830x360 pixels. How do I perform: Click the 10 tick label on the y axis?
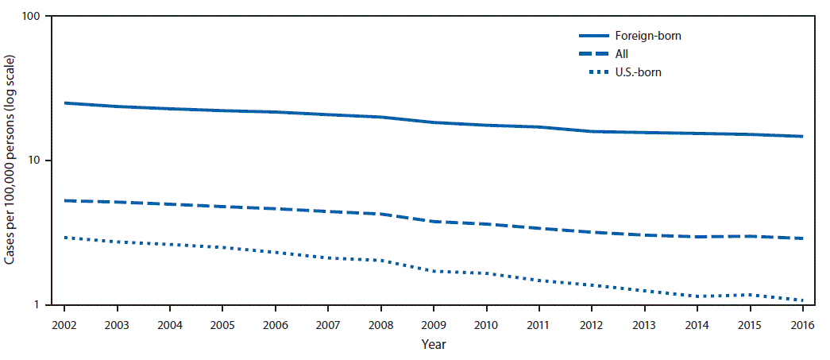tap(36, 161)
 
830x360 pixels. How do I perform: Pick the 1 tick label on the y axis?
tap(39, 305)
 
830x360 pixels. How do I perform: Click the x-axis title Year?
tap(434, 345)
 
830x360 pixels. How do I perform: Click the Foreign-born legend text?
tap(648, 36)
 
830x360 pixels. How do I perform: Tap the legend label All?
tap(622, 54)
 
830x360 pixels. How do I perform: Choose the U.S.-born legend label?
tap(638, 72)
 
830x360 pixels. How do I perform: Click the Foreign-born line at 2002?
tap(64, 103)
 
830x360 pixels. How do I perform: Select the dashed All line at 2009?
tap(434, 221)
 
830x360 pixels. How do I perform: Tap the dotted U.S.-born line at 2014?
tap(697, 296)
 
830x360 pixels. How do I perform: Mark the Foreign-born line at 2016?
tap(803, 136)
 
